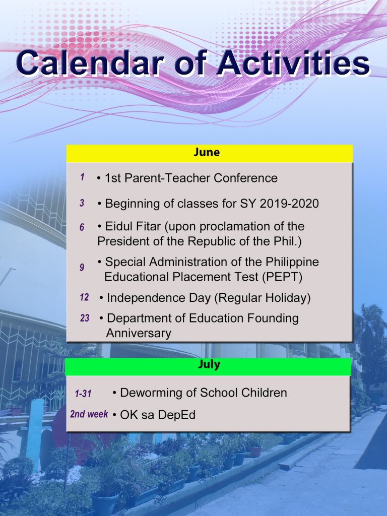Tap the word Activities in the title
coord(293,62)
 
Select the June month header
coord(207,152)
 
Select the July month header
coord(209,365)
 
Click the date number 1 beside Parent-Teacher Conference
coord(82,177)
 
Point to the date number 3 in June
coord(82,203)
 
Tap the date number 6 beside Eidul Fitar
coord(82,227)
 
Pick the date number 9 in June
coord(82,267)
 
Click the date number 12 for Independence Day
coord(84,297)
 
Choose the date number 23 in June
coord(85,318)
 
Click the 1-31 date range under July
coord(83,393)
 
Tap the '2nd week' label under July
coord(89,414)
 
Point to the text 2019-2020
coord(289,204)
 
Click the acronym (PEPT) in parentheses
coord(282,277)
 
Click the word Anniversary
coord(139,334)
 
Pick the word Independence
coord(147,298)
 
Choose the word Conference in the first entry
coord(245,178)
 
